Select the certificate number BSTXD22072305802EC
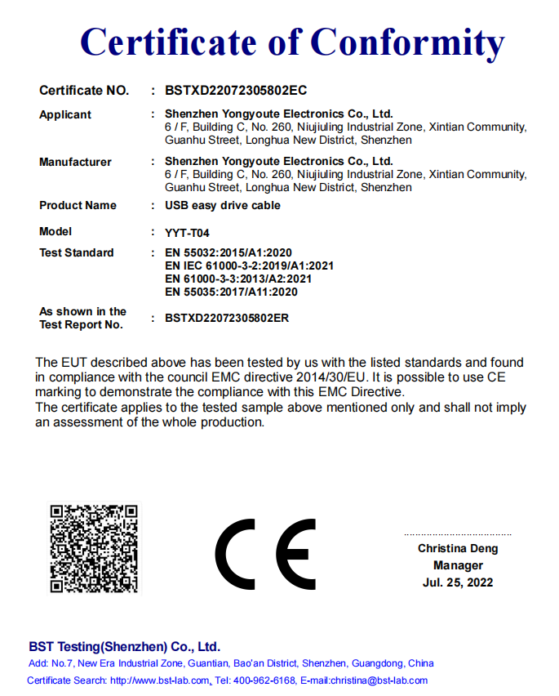coord(236,90)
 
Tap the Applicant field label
coord(65,114)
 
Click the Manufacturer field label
coord(75,162)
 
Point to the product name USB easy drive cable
coord(222,205)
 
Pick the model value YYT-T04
coord(187,233)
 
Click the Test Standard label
coord(76,252)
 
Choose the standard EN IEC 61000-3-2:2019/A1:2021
coord(249,265)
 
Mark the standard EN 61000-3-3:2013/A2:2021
coord(238,279)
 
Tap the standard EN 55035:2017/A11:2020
coord(231,292)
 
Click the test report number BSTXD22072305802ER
coord(227,318)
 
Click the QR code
coord(94,548)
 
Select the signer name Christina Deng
coord(458,548)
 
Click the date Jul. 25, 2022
coord(458,582)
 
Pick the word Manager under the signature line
coord(458,565)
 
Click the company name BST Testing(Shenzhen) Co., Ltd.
coord(125,645)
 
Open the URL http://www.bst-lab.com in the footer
coord(161,680)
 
